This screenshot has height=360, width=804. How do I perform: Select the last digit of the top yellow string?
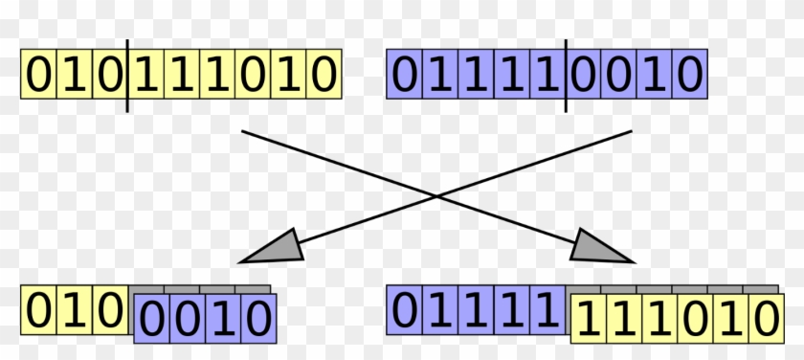[324, 75]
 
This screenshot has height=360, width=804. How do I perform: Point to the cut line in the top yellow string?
[127, 75]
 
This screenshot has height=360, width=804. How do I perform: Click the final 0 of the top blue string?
[689, 75]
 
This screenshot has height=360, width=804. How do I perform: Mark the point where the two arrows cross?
[437, 195]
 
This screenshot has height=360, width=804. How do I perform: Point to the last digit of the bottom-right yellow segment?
[763, 319]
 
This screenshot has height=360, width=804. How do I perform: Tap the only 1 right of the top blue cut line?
[654, 75]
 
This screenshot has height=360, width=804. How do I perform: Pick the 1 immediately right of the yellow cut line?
[146, 75]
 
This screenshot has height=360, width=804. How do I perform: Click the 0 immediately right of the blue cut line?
[583, 75]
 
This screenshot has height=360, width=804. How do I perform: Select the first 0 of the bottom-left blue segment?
[151, 319]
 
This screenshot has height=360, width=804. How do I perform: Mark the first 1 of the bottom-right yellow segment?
[587, 319]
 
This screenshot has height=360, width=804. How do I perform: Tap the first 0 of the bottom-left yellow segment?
[39, 310]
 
